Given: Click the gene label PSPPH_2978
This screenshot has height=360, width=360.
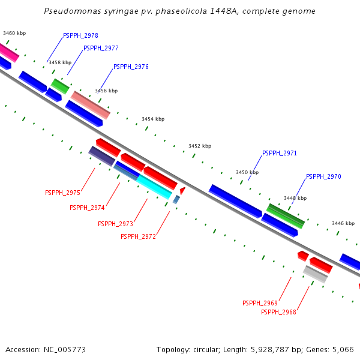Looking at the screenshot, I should (x=80, y=36).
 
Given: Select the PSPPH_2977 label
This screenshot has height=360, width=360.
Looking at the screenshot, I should (x=101, y=48).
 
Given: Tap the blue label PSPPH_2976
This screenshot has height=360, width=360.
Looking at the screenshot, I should (x=131, y=67).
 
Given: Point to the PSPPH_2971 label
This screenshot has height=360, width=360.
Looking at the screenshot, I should (x=280, y=154).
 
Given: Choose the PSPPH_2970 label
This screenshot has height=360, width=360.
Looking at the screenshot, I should (x=323, y=176).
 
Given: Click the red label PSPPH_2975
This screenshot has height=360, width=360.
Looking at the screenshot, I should (x=62, y=193).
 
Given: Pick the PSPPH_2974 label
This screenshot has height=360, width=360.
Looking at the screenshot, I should (x=87, y=208).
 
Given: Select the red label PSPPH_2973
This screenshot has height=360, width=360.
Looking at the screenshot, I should (x=115, y=224).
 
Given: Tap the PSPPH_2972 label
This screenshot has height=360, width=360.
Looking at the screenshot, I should (x=138, y=236).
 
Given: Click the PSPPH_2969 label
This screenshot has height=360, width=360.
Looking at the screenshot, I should (x=260, y=303).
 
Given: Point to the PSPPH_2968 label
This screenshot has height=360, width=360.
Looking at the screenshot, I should (x=278, y=311).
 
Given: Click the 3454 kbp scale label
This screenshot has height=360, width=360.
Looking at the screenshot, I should (x=153, y=119).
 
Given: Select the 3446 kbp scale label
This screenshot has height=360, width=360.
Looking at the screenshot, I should (x=343, y=223).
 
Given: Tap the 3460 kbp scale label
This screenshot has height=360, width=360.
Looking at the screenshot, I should (x=14, y=34).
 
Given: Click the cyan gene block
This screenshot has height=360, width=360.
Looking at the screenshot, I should (x=154, y=187).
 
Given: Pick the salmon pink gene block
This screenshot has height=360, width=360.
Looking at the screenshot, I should (x=91, y=104).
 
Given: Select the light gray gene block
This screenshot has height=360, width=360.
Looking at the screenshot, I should (x=315, y=274).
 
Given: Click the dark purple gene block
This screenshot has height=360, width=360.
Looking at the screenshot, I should (x=101, y=156).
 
